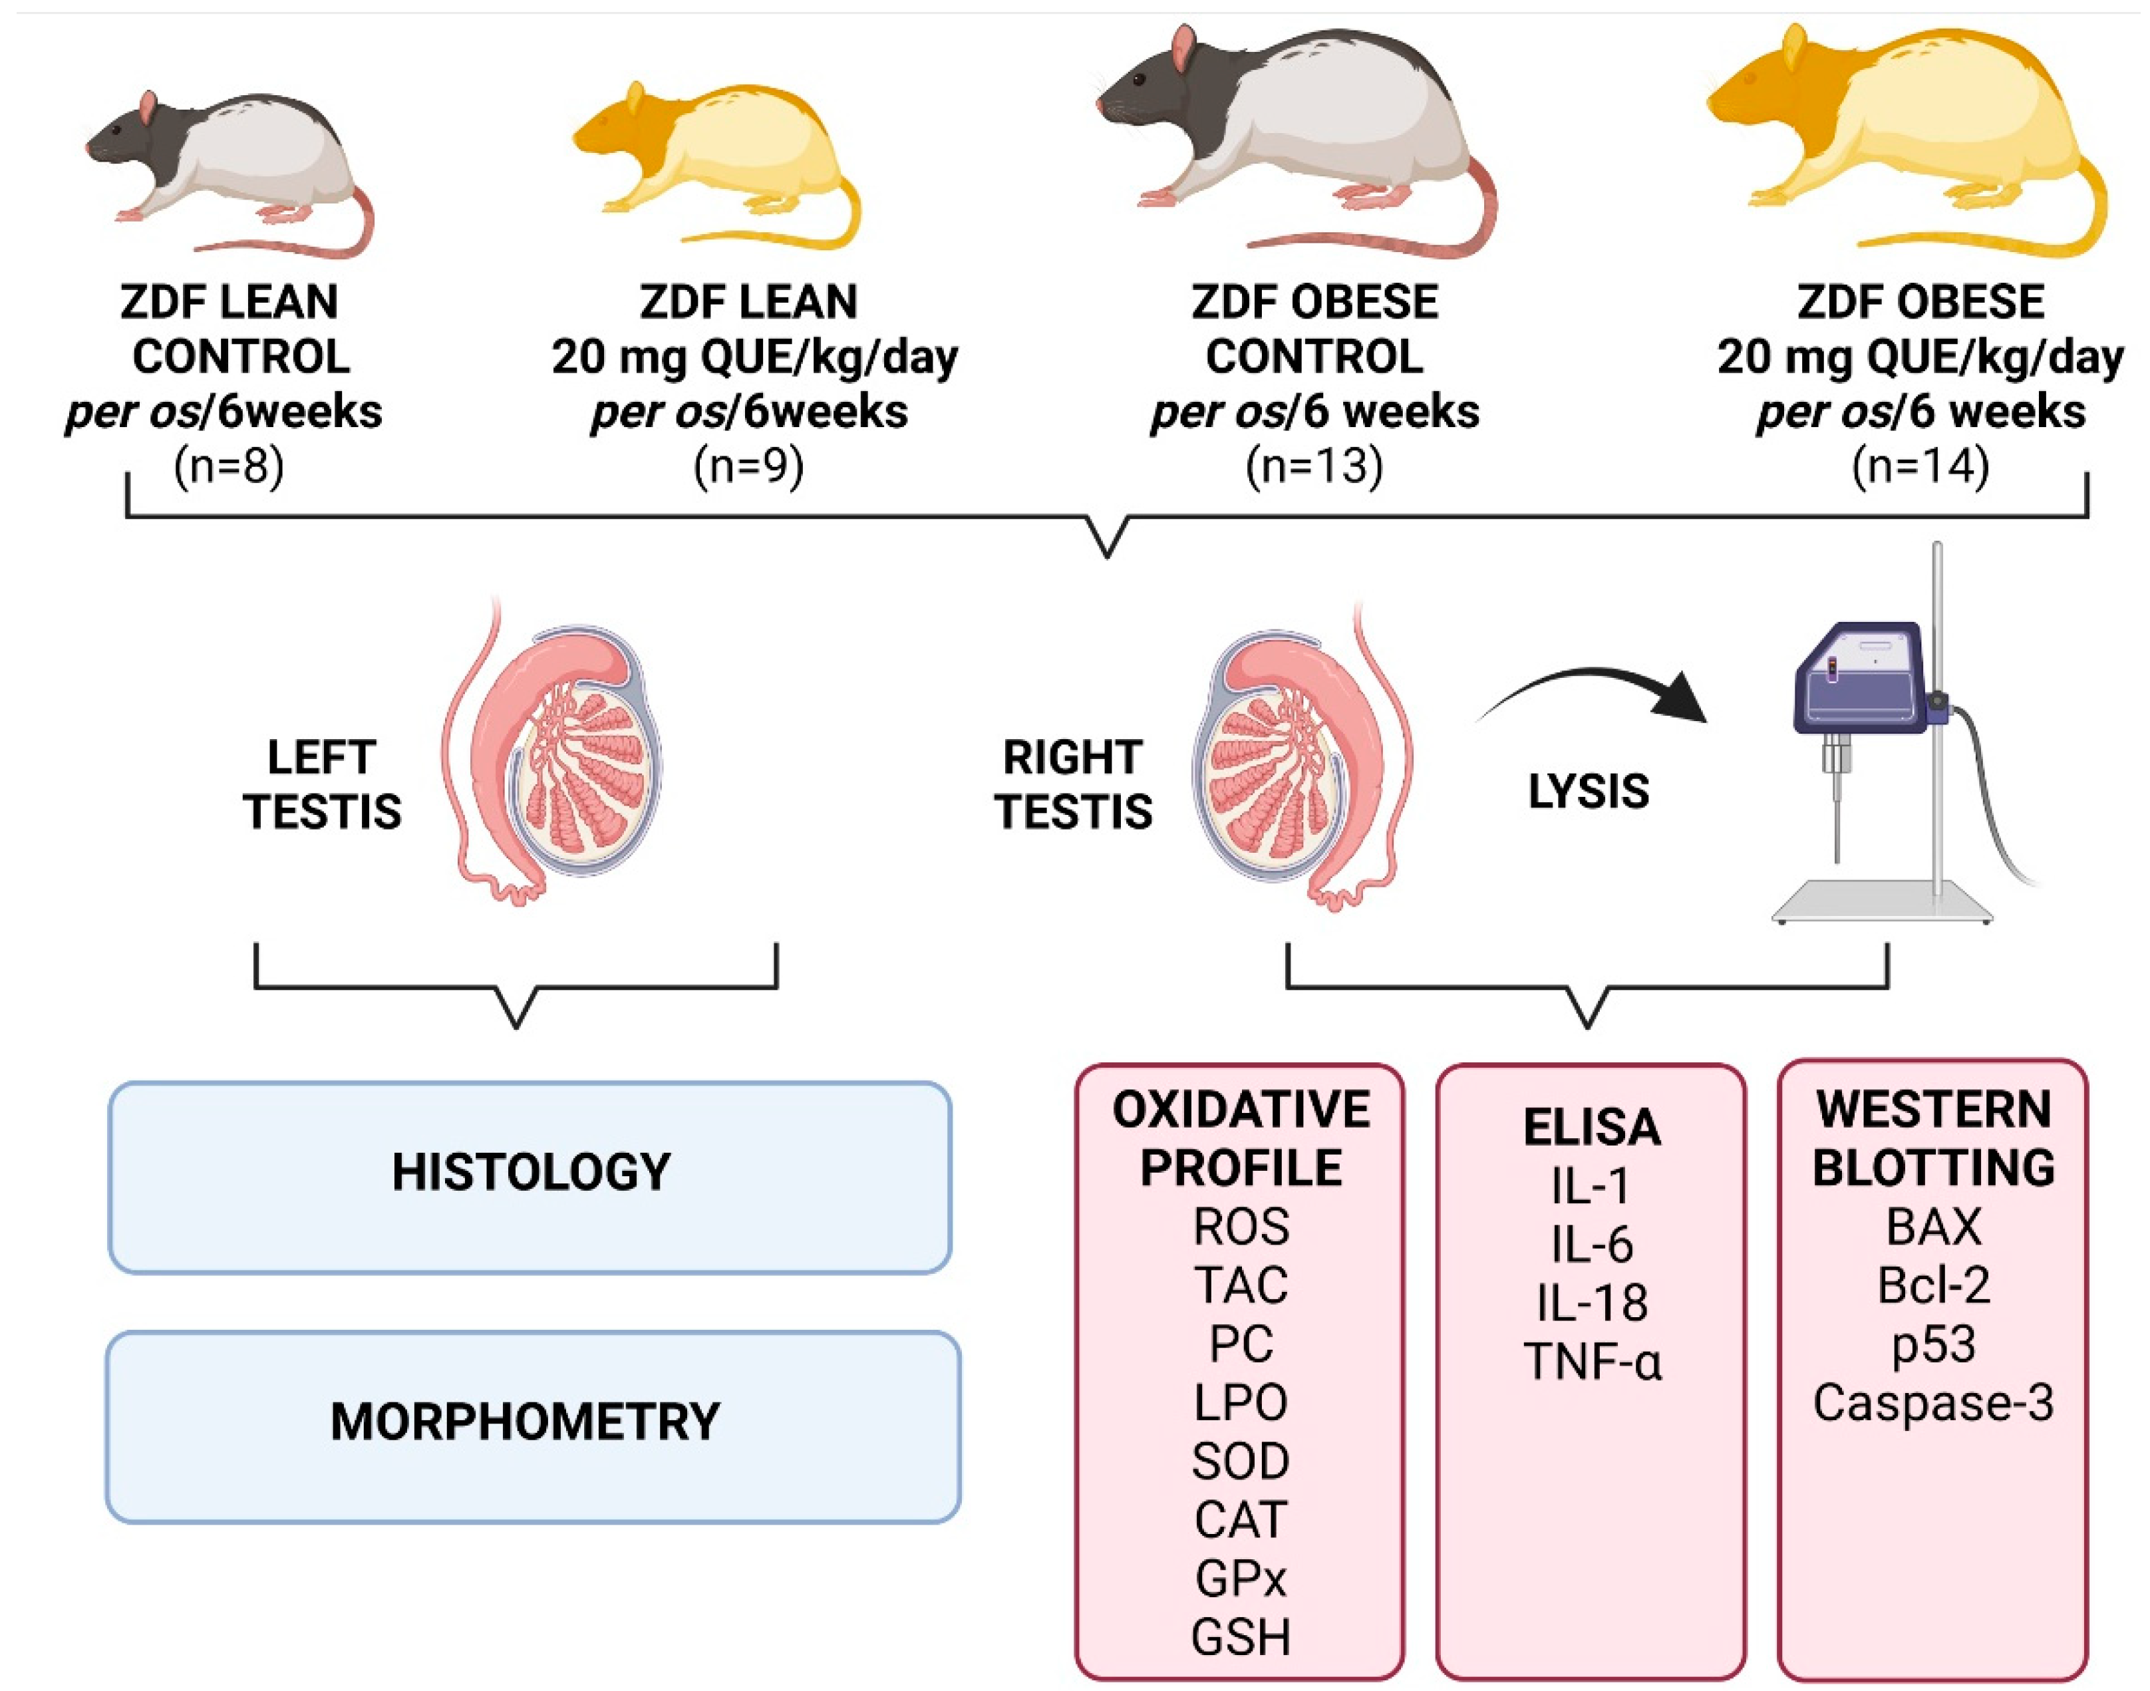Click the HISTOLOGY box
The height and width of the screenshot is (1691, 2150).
click(x=531, y=1175)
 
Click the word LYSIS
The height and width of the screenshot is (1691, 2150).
click(x=1589, y=792)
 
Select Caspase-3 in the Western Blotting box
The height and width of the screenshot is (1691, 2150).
click(x=1932, y=1403)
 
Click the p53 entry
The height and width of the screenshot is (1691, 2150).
click(x=1932, y=1344)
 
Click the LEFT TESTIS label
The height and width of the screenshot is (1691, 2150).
click(x=323, y=785)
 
